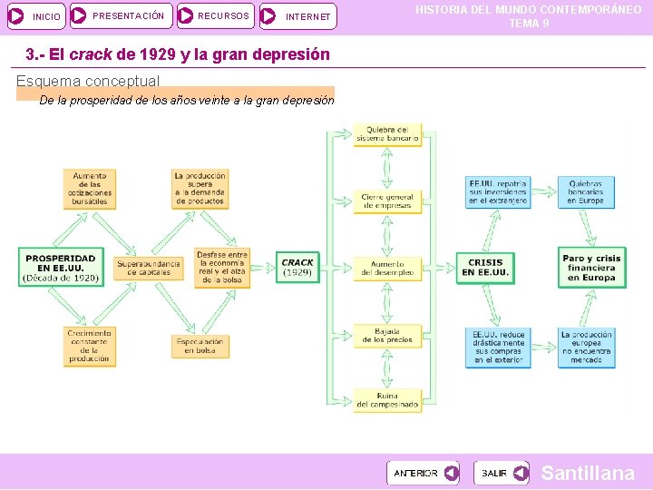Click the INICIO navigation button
coord(36,16)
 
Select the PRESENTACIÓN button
coord(121,15)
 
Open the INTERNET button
coord(297,16)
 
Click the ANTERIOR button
coord(423,473)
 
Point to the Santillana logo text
coord(588,473)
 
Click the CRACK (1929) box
coord(297,268)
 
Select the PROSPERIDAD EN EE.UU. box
coord(61,268)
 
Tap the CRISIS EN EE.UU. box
coord(486,268)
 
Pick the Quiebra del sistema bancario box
coord(387,134)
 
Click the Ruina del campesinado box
coord(387,400)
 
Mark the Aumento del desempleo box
coord(387,268)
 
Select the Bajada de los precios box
coord(387,336)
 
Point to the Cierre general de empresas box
coord(387,201)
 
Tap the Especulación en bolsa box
coord(200,346)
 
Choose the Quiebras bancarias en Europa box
coord(586,192)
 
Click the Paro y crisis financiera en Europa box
coord(591,268)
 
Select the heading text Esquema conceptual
coord(88,81)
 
